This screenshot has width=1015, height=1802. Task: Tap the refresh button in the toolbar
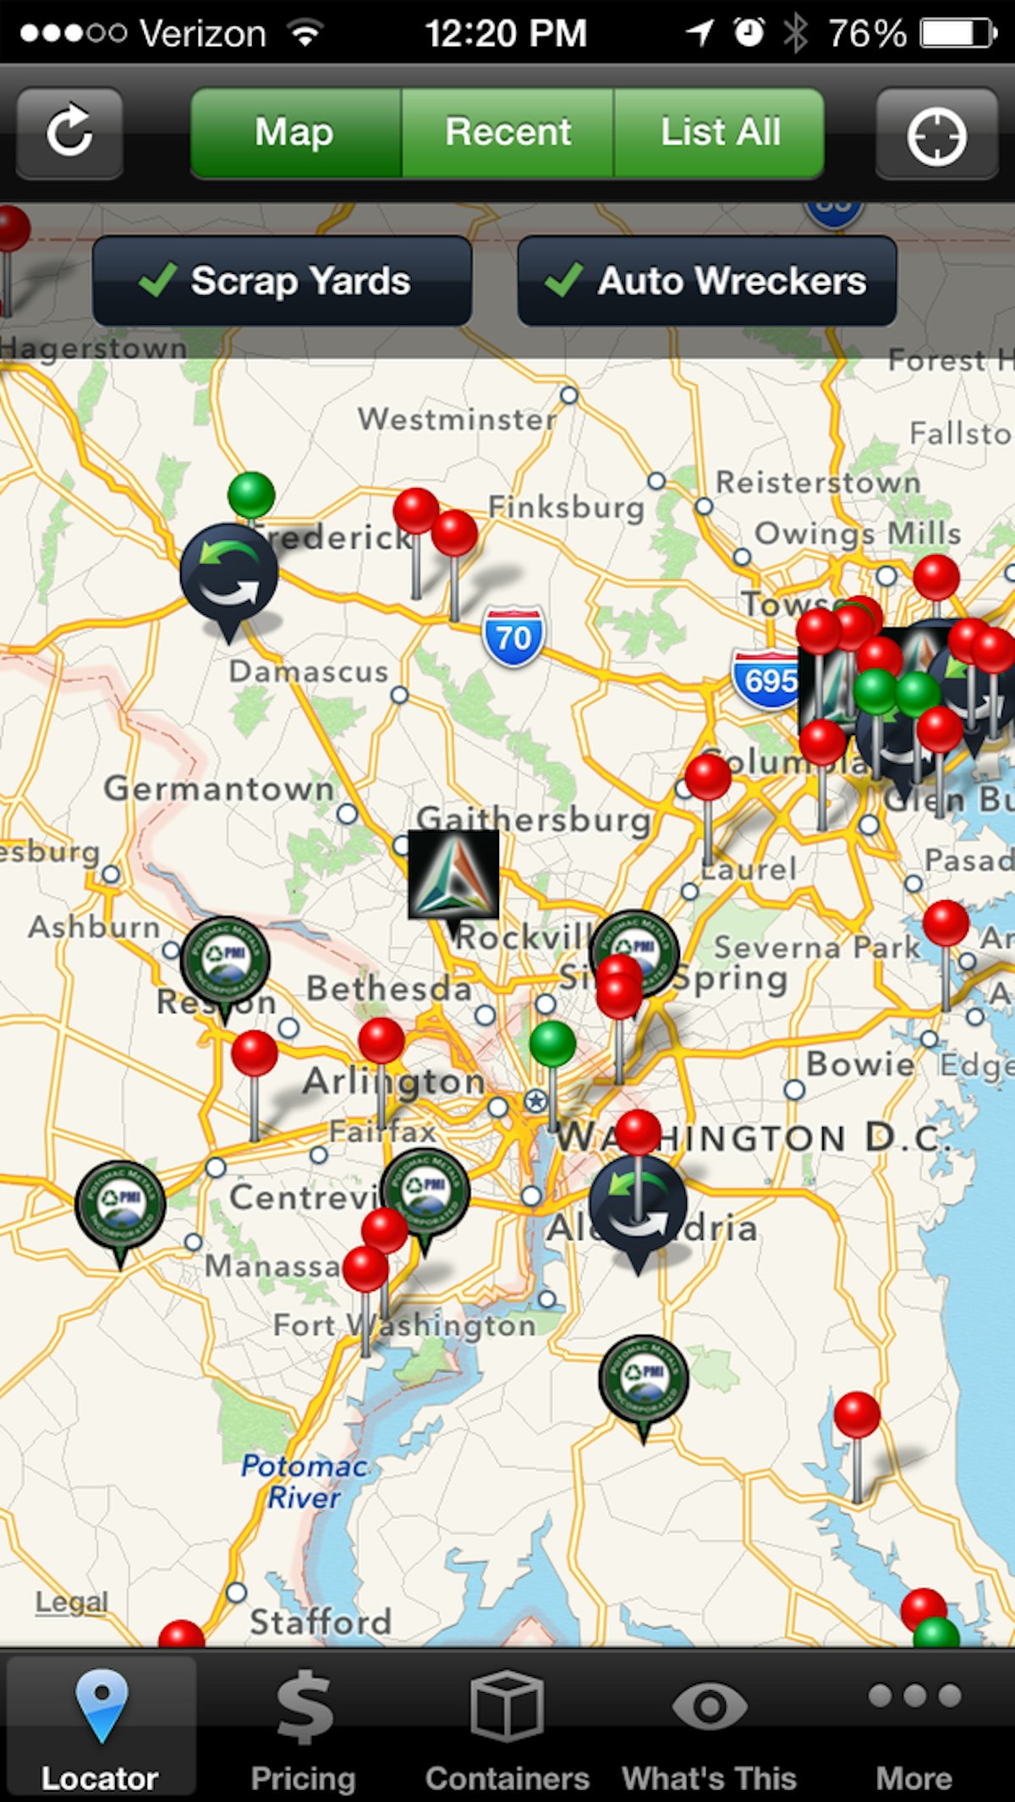[69, 133]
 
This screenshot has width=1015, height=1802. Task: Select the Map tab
[295, 133]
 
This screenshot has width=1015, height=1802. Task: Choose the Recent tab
[507, 133]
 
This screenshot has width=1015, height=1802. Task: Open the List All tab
[720, 133]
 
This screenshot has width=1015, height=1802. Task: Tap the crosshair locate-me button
[936, 135]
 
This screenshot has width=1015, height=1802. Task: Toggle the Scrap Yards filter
[283, 281]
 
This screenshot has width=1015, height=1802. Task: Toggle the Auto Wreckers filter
[707, 281]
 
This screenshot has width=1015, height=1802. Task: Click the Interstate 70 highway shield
[513, 636]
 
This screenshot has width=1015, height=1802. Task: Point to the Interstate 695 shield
[766, 679]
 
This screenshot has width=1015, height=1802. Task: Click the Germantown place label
[219, 788]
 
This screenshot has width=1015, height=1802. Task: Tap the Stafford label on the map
[321, 1622]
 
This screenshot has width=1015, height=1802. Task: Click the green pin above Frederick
[251, 496]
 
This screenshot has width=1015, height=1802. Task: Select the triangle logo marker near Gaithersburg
[453, 875]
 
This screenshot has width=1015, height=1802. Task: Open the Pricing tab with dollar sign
[304, 1726]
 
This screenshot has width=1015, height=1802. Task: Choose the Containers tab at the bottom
[507, 1726]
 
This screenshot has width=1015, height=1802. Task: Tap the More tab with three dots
[914, 1726]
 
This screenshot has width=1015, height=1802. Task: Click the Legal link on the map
[72, 1601]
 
